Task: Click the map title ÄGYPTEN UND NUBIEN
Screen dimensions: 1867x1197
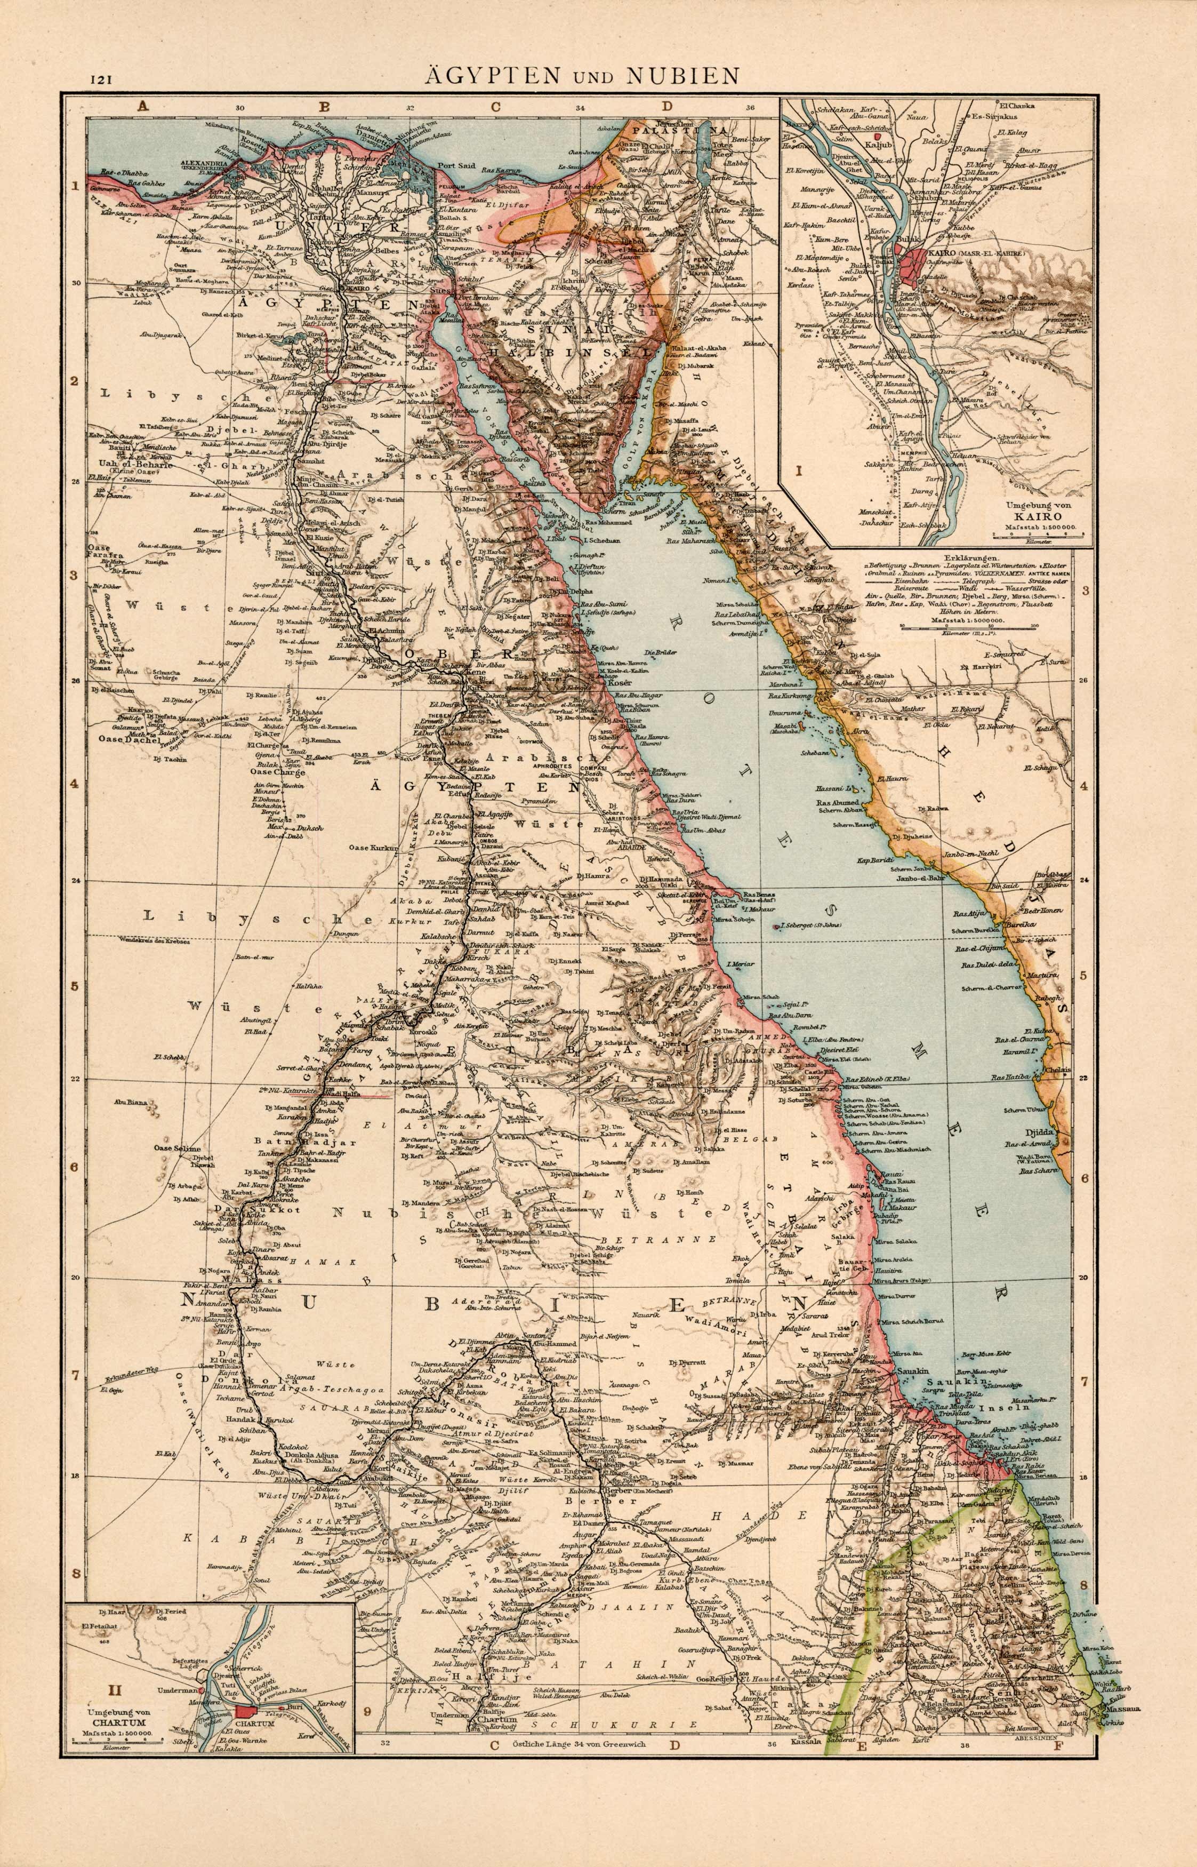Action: (581, 75)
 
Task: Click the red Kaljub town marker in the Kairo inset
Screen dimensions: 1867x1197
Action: (878, 135)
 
